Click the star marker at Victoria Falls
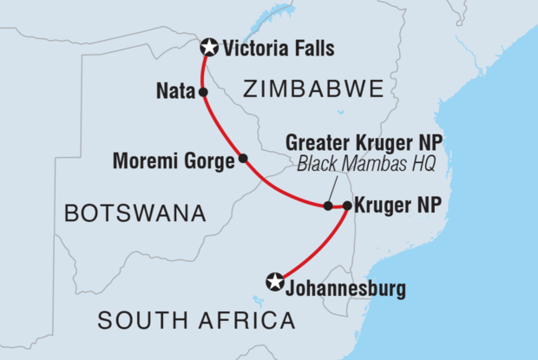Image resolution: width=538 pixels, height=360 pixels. click(209, 49)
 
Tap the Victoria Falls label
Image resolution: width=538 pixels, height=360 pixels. click(278, 49)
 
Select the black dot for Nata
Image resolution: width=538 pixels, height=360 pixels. click(202, 91)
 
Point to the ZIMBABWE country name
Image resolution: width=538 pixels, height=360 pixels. click(313, 89)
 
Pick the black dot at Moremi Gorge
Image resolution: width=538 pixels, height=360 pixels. click(243, 158)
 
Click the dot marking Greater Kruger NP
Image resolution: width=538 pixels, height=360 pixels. click(328, 206)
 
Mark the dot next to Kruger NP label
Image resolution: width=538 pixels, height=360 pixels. click(347, 206)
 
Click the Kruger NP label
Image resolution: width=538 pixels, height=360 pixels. click(394, 206)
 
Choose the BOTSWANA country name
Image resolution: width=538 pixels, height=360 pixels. click(132, 213)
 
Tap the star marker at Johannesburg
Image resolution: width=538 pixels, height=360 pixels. click(275, 281)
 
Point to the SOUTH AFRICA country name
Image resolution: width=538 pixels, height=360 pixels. click(196, 321)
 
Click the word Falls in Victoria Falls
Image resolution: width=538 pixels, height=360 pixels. click(312, 49)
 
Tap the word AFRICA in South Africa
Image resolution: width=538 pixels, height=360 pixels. click(246, 321)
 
